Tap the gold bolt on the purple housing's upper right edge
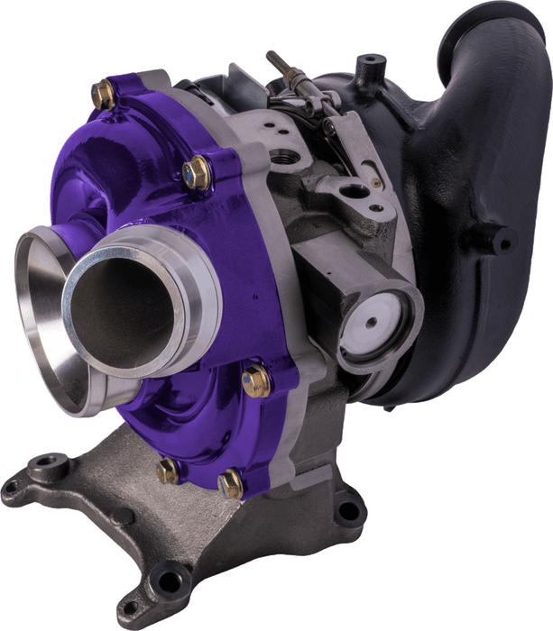195,171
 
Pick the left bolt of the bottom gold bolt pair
169,471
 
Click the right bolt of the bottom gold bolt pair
230,483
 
